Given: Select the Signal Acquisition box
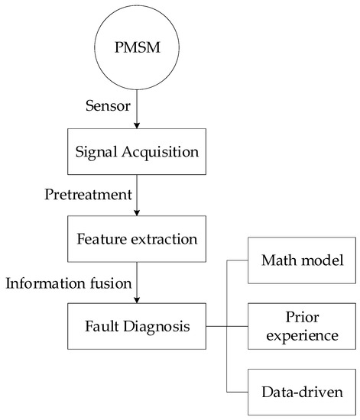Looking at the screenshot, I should pyautogui.click(x=138, y=151).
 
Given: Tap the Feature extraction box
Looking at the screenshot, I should pyautogui.click(x=138, y=239).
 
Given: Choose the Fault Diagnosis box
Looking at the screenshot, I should pyautogui.click(x=138, y=327).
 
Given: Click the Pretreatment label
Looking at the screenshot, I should pyautogui.click(x=89, y=196).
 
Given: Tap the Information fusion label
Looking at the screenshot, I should pyautogui.click(x=69, y=284).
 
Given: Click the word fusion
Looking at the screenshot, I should pyautogui.click(x=110, y=284).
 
